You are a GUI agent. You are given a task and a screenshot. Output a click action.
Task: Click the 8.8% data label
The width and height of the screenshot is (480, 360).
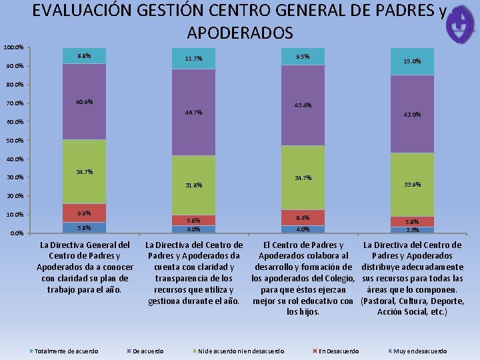coord(83,56)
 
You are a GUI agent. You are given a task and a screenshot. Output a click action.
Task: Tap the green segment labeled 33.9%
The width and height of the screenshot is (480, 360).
coord(412,185)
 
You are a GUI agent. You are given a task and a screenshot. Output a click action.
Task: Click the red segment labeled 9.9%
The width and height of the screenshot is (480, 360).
coord(84,213)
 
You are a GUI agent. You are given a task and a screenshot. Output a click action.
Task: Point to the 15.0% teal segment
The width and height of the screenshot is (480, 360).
coord(412,62)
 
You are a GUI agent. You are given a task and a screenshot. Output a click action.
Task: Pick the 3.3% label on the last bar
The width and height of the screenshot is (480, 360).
coord(412,230)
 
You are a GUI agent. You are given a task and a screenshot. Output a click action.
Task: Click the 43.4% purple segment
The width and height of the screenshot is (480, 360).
coord(303,105)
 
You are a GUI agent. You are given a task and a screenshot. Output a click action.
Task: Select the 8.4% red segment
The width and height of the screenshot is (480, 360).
coord(303,217)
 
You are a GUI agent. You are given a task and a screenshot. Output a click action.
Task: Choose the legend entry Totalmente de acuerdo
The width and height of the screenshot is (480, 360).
coord(65,351)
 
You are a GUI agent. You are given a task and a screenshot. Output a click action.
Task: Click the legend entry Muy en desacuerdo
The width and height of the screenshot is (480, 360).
coord(420,351)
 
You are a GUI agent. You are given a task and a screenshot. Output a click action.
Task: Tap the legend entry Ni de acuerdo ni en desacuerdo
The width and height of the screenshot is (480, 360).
coord(240,351)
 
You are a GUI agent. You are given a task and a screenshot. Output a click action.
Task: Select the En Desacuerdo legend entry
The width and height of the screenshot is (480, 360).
coord(339,351)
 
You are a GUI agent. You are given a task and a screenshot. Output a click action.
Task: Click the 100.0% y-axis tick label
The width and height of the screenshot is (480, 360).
coord(13,48)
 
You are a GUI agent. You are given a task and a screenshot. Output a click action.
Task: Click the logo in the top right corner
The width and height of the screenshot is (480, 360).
coord(461,25)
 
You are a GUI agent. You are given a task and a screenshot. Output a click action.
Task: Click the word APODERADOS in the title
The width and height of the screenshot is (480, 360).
coord(239,33)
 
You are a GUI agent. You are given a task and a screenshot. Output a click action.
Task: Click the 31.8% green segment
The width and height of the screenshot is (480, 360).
coord(193,185)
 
